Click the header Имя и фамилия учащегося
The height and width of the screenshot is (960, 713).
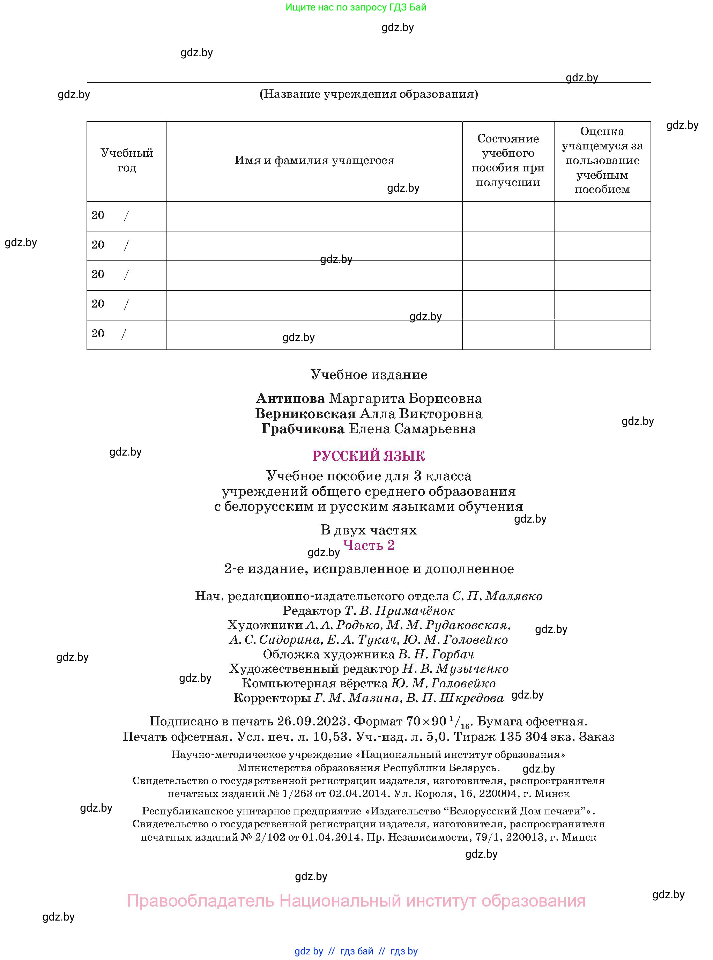314,160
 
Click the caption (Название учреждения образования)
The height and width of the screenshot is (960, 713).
368,94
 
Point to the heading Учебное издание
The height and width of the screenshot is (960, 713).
369,374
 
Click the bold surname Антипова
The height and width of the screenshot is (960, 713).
290,398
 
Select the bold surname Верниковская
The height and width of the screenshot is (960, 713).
305,414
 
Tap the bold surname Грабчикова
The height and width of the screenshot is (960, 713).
303,429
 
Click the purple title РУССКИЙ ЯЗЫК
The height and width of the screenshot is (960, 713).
369,456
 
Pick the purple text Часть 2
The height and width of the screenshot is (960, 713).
369,545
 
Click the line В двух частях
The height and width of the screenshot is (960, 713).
369,530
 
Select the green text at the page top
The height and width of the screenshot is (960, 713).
356,7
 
